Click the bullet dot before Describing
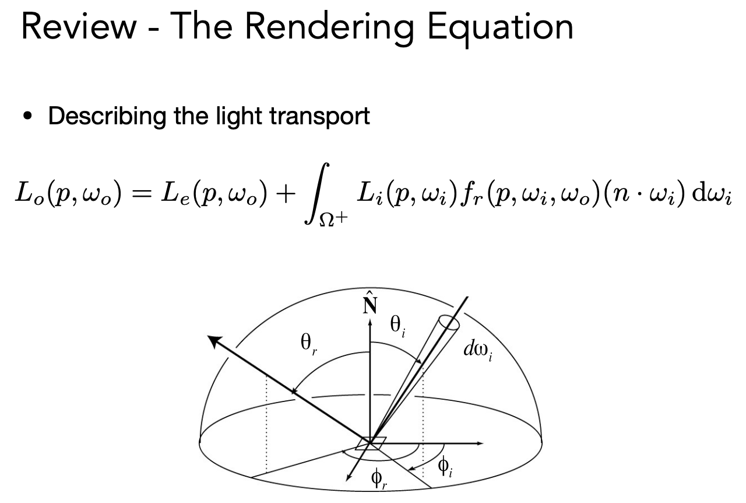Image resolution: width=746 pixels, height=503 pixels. click(27, 116)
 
